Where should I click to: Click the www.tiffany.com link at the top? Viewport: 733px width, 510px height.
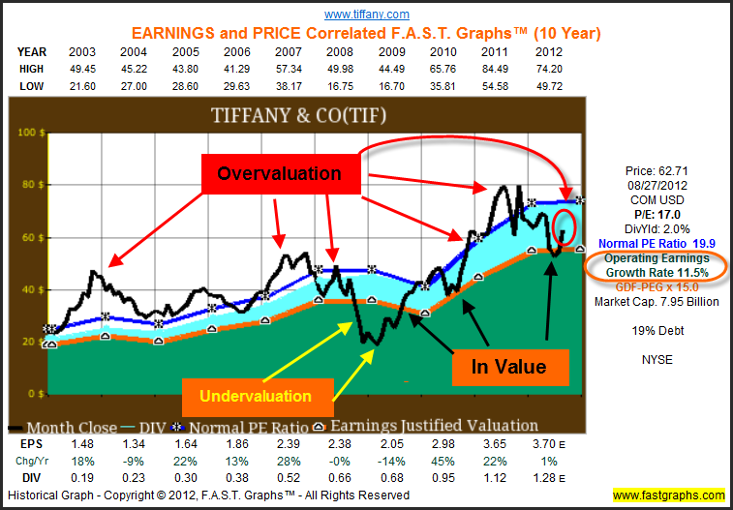[x=366, y=14]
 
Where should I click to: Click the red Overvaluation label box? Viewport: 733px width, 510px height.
[x=279, y=173]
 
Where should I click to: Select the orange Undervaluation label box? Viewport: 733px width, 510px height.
[x=258, y=396]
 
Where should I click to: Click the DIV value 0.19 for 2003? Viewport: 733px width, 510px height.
[x=81, y=477]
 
